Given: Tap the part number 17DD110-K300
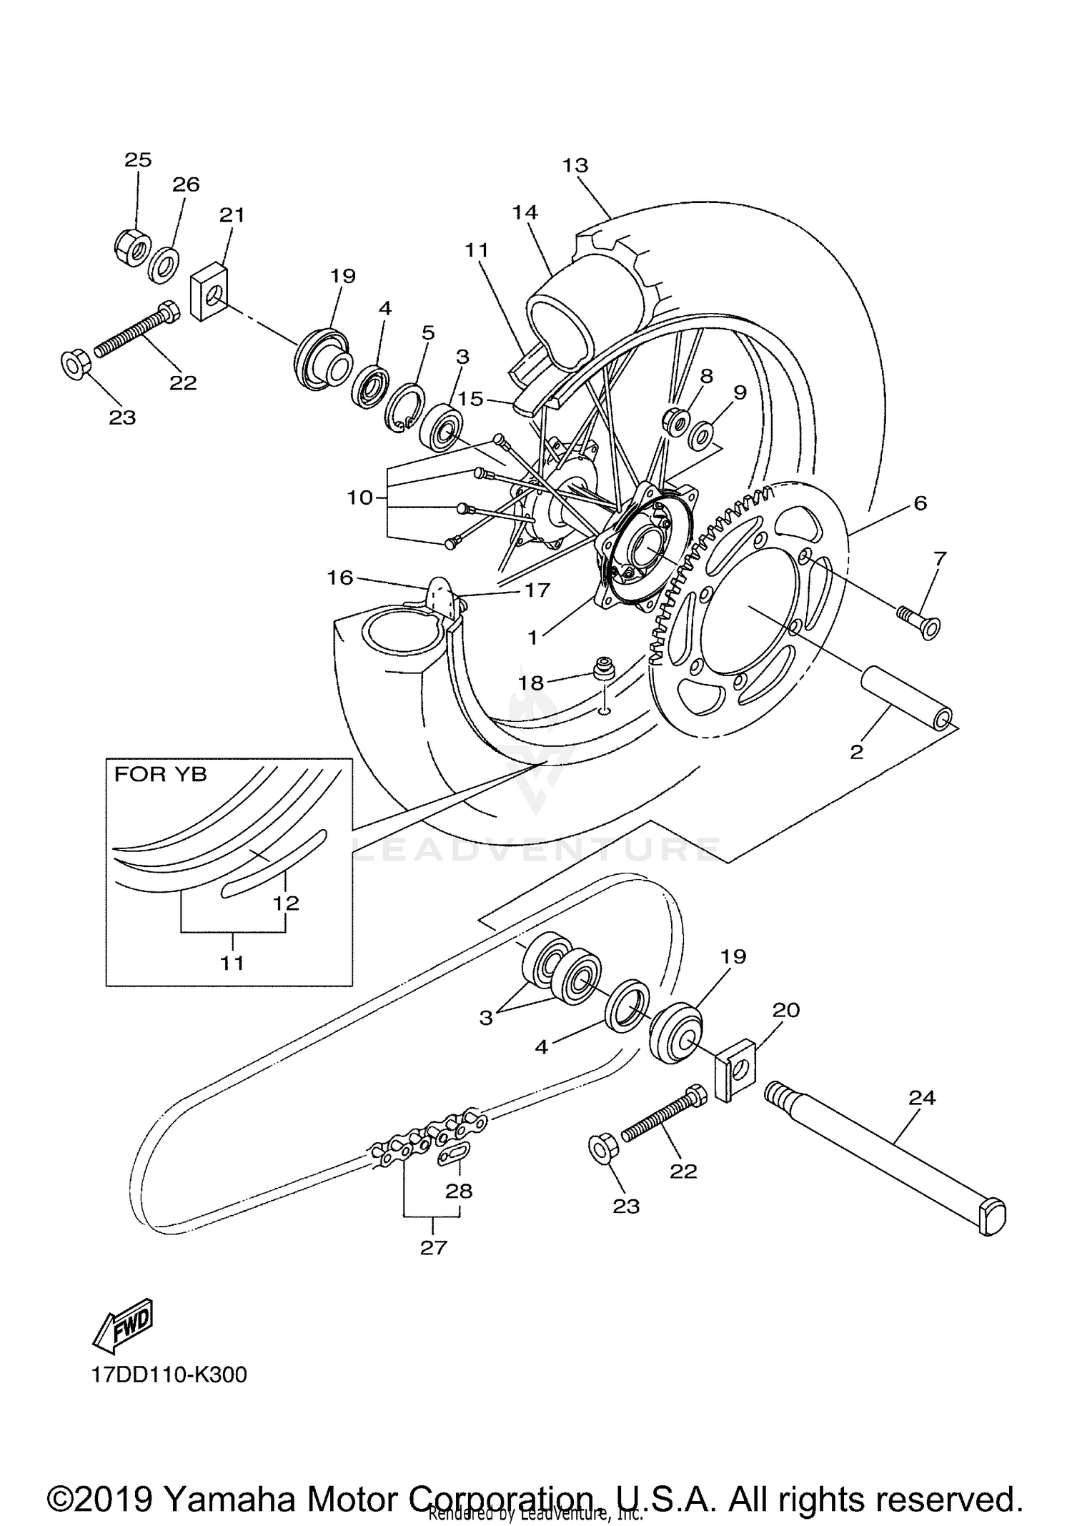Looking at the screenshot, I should click(x=169, y=1374).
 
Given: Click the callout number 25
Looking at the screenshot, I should click(x=138, y=159).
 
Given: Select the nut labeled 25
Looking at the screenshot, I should click(x=132, y=248).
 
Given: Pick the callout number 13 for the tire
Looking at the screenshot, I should click(x=575, y=165).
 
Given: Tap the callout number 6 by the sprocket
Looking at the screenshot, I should click(x=920, y=503).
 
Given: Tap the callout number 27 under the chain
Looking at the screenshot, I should click(x=433, y=1247).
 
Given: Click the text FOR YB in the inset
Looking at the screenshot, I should click(x=160, y=775).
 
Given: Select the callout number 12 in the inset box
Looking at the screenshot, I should click(x=285, y=903).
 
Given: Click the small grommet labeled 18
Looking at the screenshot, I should click(x=605, y=670).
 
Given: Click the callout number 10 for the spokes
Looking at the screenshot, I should click(x=360, y=497).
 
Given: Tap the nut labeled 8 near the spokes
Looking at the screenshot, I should click(x=675, y=421).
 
